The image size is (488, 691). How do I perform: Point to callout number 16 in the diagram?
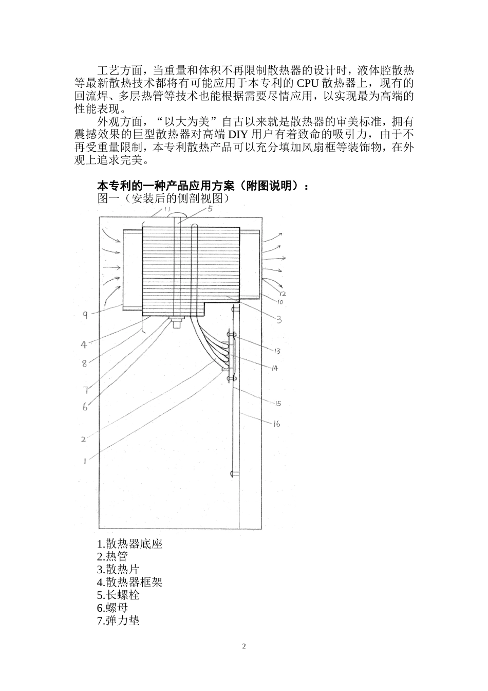tap(276, 424)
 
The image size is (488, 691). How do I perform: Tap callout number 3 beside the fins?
tap(278, 320)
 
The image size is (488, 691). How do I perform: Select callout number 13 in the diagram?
tap(276, 351)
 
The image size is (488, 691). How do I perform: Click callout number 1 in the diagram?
tap(85, 461)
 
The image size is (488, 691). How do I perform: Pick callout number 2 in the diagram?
tap(83, 439)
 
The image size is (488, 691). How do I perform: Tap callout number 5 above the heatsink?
tap(210, 209)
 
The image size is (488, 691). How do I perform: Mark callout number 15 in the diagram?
tap(277, 404)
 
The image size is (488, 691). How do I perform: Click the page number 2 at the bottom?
tap(244, 646)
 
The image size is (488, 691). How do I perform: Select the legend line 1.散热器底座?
tap(129, 543)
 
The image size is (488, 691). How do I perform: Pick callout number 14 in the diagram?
tap(274, 368)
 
